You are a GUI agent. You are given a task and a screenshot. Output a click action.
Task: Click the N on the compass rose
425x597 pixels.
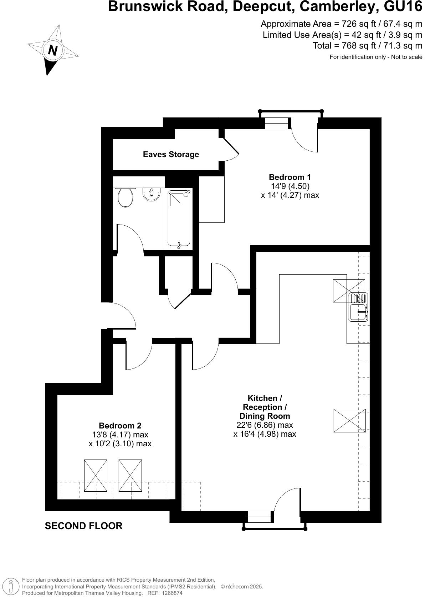(x=53, y=50)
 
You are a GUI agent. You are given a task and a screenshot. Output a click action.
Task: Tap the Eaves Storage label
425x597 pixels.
(x=171, y=154)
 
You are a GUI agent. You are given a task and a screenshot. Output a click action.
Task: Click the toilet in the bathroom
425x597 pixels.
(x=125, y=197)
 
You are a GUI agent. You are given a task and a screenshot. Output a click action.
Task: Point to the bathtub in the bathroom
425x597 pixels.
(x=179, y=219)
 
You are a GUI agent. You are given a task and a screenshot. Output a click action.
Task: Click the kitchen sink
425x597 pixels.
(x=358, y=312)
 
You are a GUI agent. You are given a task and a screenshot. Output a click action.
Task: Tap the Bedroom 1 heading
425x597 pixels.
(x=290, y=177)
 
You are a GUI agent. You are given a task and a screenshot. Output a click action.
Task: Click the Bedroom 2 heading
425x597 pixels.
(x=120, y=426)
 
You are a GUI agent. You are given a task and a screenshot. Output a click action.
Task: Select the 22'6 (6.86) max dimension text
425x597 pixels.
(x=265, y=425)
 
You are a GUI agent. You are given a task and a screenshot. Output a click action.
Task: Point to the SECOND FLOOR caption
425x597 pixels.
(x=83, y=526)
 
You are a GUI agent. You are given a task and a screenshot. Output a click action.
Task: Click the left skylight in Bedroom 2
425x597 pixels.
(x=96, y=476)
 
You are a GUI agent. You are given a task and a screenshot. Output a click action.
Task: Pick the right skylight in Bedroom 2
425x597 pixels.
(x=130, y=476)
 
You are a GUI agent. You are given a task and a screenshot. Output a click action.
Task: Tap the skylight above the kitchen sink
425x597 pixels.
(x=349, y=291)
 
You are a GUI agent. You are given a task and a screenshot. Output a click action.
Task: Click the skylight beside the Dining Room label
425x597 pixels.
(x=349, y=420)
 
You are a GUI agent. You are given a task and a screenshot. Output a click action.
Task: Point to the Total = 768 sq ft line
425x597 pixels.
(x=367, y=46)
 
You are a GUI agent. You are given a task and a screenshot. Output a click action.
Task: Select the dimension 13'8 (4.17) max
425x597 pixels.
(x=120, y=435)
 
